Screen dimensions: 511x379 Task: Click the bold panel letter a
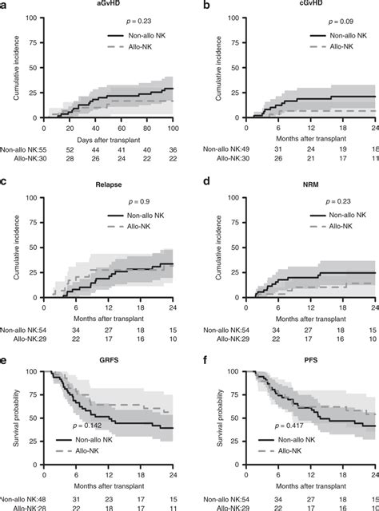(4, 5)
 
